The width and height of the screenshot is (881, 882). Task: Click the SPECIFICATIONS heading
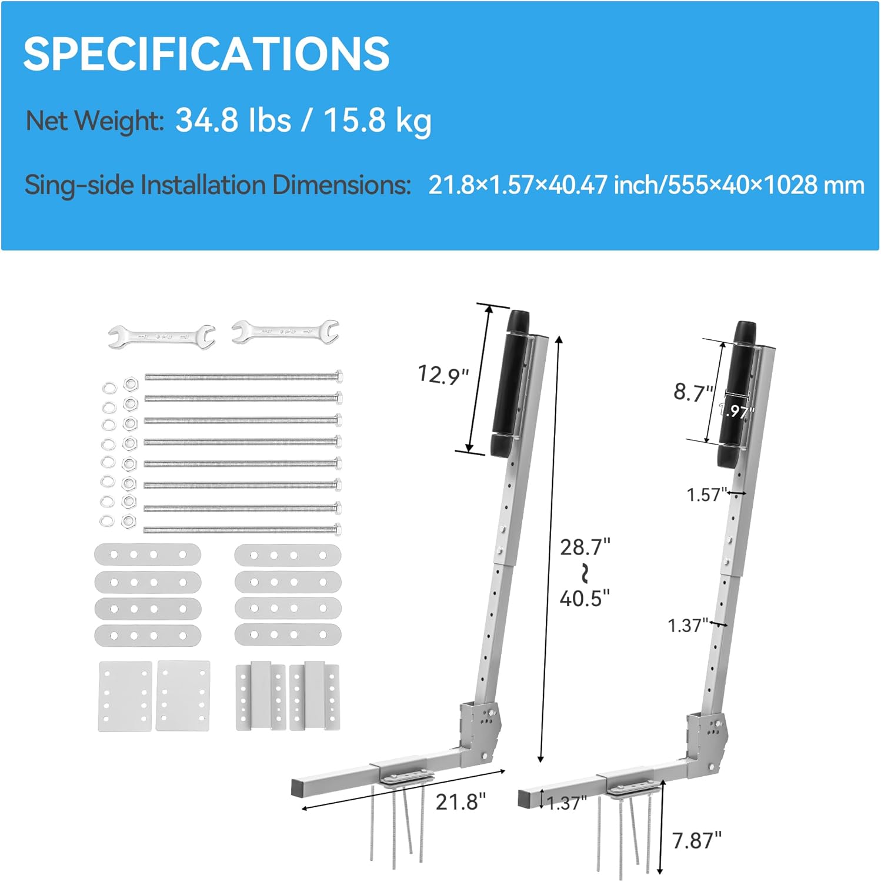pyautogui.click(x=206, y=54)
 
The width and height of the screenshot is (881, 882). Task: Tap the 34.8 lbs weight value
pyautogui.click(x=233, y=120)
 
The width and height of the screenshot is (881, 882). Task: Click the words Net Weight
pyautogui.click(x=94, y=121)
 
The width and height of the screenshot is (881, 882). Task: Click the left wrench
pyautogui.click(x=162, y=336)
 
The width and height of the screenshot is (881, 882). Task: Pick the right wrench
pyautogui.click(x=285, y=332)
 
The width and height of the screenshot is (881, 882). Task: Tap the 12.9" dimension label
pyautogui.click(x=443, y=375)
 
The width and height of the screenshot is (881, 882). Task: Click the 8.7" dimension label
pyautogui.click(x=693, y=392)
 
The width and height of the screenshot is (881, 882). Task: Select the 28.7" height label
pyautogui.click(x=585, y=547)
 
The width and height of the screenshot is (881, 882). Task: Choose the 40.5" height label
pyautogui.click(x=585, y=599)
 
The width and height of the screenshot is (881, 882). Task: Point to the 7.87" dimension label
pyautogui.click(x=696, y=841)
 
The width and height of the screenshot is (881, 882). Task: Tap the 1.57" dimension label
pyautogui.click(x=706, y=495)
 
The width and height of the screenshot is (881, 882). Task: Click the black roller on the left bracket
pyautogui.click(x=509, y=382)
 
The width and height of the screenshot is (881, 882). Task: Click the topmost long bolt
pyautogui.click(x=243, y=376)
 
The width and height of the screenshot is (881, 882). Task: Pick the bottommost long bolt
pyautogui.click(x=242, y=529)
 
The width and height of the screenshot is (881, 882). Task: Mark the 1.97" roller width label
pyautogui.click(x=736, y=410)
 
